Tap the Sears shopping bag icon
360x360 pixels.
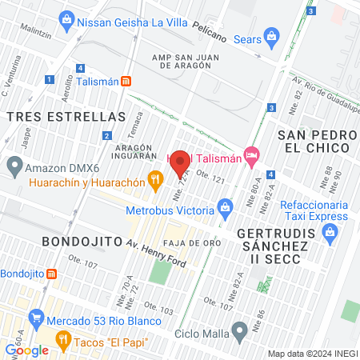click(x=273, y=35)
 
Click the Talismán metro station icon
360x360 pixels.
click(x=126, y=81)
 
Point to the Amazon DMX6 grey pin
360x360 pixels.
click(x=14, y=167)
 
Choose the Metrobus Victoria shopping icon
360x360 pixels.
click(x=225, y=210)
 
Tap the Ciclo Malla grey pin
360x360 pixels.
click(x=238, y=330)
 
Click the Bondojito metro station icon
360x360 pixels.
click(x=51, y=274)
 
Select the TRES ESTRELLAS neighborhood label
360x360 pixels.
click(x=66, y=117)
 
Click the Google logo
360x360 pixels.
click(x=26, y=350)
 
